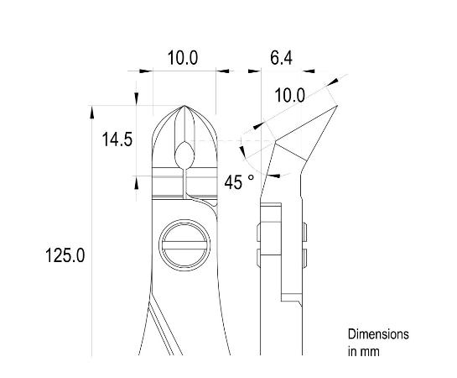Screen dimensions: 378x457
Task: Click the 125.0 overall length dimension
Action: click(65, 255)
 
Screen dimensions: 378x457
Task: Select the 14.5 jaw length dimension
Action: click(117, 140)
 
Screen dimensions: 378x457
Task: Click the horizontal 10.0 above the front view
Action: click(182, 58)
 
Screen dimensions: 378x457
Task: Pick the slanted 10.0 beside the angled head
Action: click(289, 96)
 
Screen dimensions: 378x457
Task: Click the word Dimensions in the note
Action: click(378, 334)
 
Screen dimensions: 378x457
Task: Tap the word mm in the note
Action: click(370, 351)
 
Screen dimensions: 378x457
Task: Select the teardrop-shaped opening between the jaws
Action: click(184, 153)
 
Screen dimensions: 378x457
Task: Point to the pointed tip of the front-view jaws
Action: click(184, 108)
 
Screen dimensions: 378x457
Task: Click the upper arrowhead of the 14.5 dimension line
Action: click(136, 110)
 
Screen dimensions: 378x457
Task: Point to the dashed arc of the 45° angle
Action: click(245, 150)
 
